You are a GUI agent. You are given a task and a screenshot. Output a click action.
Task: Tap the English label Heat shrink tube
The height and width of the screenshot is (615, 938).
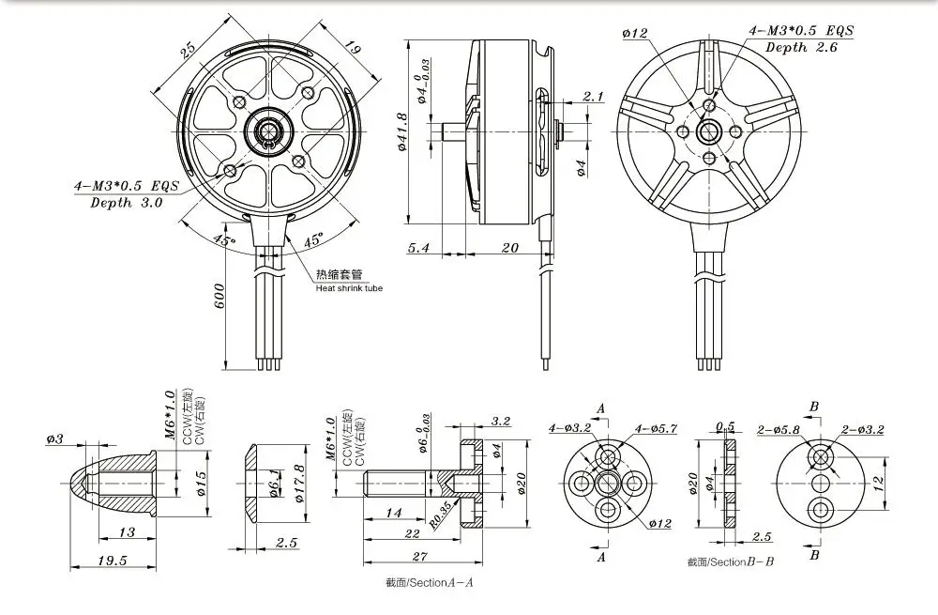pos(349,288)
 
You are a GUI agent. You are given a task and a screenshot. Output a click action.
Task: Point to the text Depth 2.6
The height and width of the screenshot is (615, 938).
pos(801,47)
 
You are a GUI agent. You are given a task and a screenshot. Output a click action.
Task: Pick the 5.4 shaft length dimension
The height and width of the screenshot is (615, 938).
pos(418,248)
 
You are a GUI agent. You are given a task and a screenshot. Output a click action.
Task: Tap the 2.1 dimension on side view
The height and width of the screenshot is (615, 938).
pos(593,97)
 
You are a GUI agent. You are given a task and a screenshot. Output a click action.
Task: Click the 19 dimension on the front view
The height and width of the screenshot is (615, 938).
pos(351,49)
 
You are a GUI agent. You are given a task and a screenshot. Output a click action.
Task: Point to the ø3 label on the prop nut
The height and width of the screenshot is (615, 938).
pos(54,439)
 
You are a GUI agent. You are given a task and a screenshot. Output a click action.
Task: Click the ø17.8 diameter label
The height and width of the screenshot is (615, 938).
pos(299,484)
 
